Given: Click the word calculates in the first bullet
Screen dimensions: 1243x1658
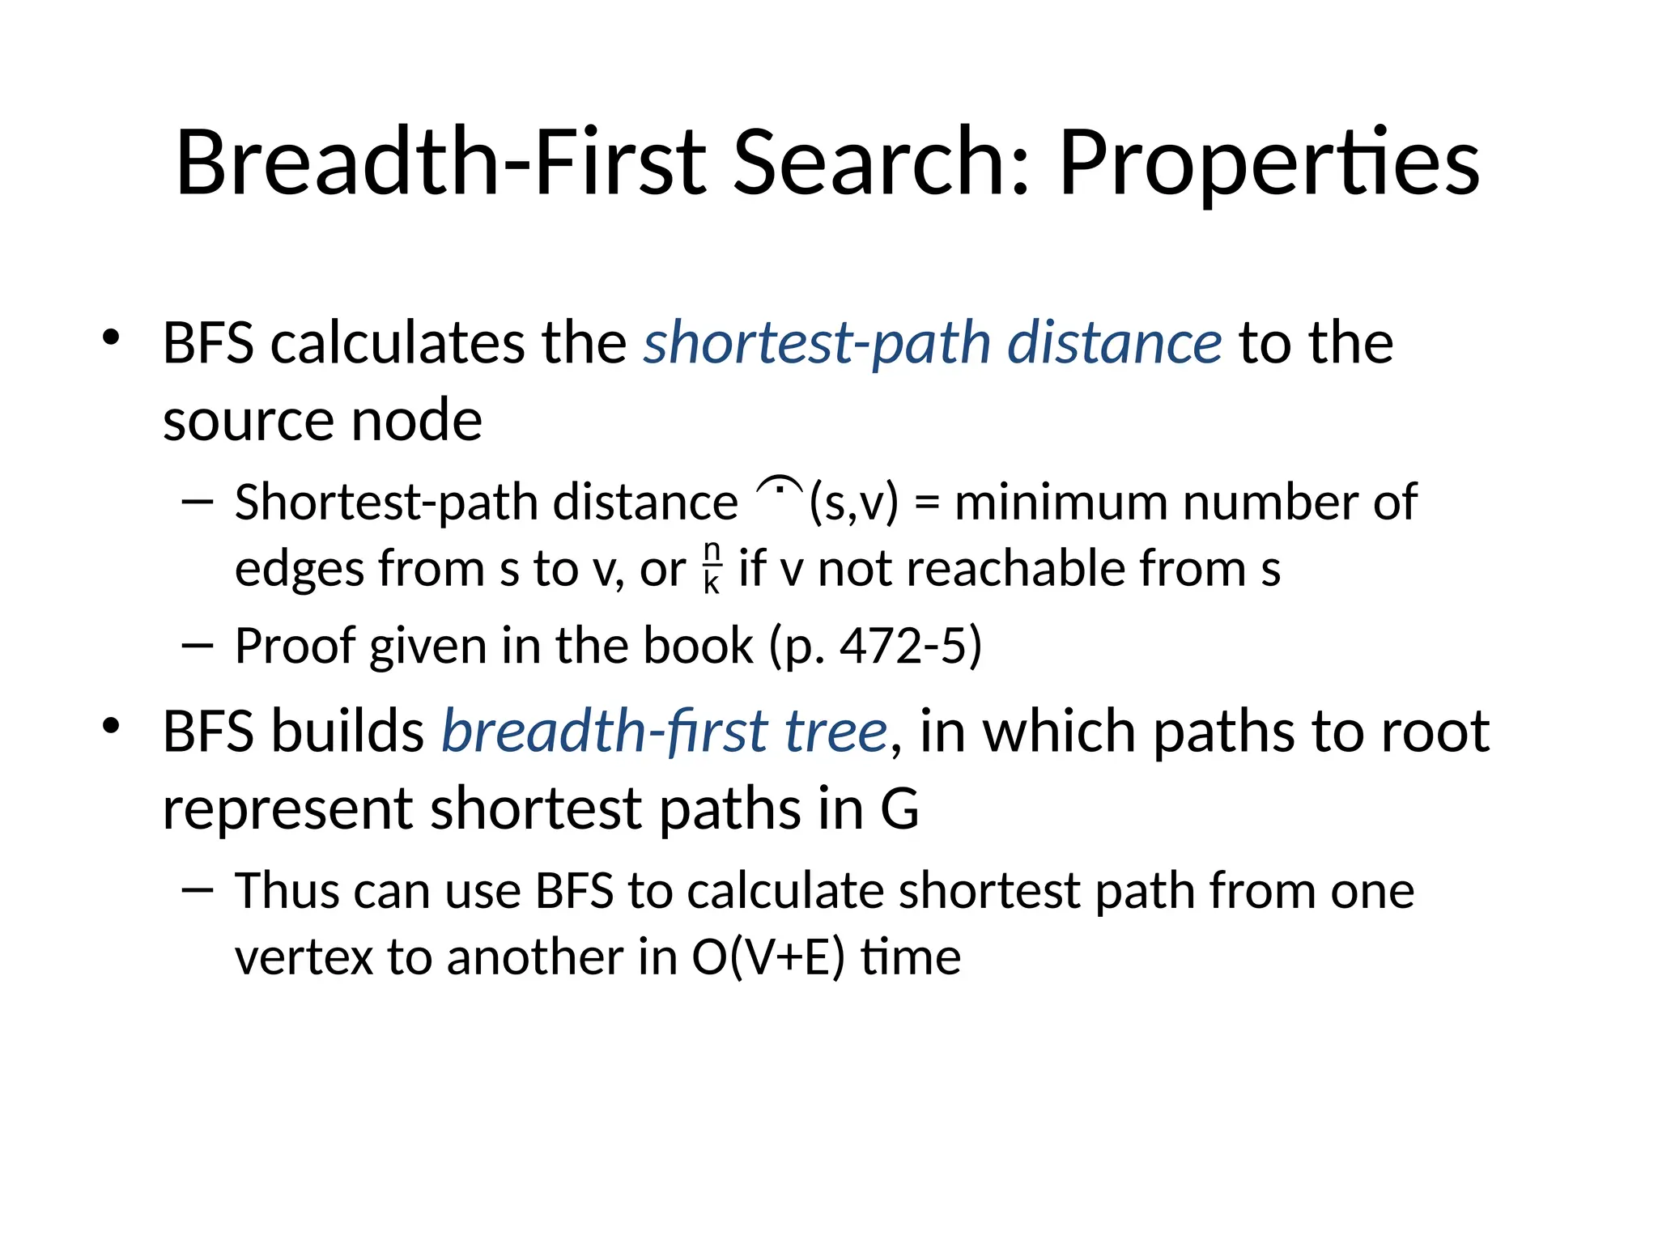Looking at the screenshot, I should click(x=397, y=342).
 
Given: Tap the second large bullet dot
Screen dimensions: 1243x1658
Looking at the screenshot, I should click(x=111, y=725).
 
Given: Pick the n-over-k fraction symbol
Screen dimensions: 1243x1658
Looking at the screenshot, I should click(x=712, y=568).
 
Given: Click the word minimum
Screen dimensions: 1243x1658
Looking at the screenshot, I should click(x=1061, y=503).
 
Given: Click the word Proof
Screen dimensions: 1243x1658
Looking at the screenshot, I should click(x=295, y=646).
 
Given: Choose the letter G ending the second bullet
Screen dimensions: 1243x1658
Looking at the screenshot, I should click(x=899, y=808).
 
